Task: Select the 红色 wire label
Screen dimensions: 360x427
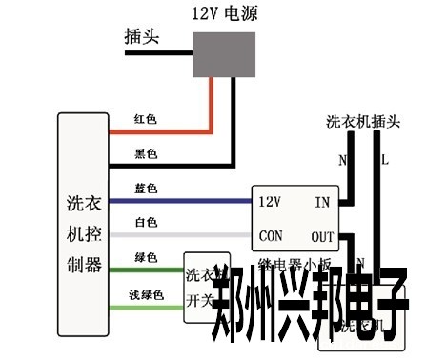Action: [x=147, y=120]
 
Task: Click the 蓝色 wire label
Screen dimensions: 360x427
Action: [x=147, y=190]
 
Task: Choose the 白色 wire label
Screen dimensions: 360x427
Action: [x=147, y=223]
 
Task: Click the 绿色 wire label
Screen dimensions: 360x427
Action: [x=147, y=258]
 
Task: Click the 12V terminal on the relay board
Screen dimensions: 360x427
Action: [x=270, y=202]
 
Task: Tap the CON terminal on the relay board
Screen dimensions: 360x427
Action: [x=271, y=236]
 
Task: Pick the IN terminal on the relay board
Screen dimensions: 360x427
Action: [x=322, y=202]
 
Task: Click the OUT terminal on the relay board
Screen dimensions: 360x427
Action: [x=322, y=236]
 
